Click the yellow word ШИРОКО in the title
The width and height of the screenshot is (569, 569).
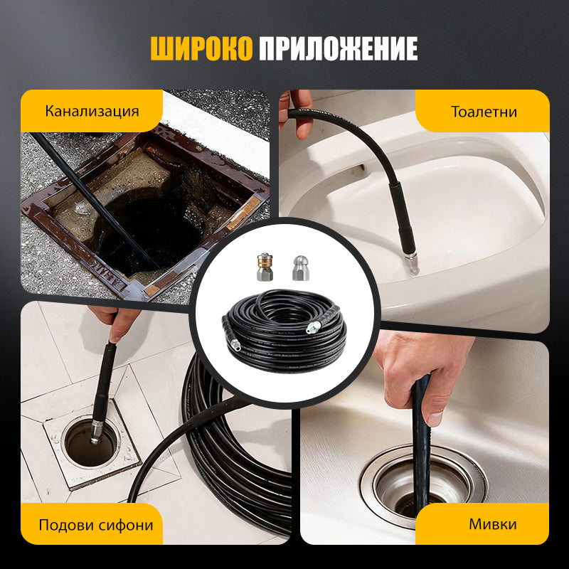click(x=201, y=48)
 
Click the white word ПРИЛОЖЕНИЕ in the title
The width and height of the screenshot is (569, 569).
click(x=339, y=48)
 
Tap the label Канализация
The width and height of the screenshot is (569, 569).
click(x=92, y=111)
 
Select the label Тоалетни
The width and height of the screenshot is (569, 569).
click(x=484, y=112)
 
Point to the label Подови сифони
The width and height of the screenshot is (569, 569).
click(x=96, y=525)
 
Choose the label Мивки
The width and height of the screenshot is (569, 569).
click(x=492, y=524)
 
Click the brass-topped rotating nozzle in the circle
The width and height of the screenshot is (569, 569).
click(x=265, y=267)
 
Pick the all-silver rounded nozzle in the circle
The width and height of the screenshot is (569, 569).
click(x=301, y=268)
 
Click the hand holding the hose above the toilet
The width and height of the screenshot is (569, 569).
click(x=297, y=112)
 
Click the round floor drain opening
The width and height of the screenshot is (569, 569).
click(x=91, y=442)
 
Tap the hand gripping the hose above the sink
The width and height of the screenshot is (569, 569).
click(x=421, y=374)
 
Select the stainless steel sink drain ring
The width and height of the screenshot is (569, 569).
click(x=423, y=486)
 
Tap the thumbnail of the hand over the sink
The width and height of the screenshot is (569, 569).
click(x=435, y=418)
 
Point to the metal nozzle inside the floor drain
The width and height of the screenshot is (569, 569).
click(x=97, y=432)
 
